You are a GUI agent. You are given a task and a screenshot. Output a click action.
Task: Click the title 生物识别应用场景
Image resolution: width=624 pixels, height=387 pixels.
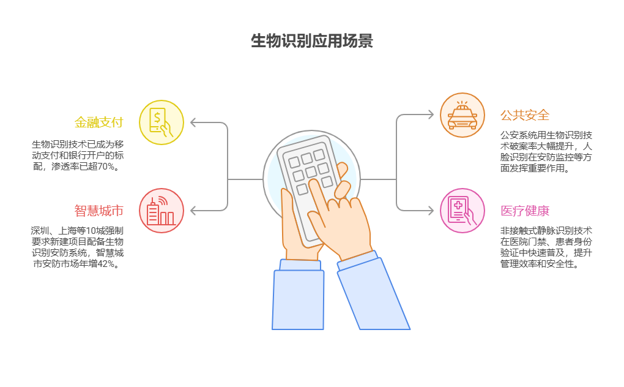311,41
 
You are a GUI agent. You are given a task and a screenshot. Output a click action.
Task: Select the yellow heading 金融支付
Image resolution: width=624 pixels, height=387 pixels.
98,122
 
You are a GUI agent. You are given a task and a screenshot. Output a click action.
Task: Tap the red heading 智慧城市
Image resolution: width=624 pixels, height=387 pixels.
98,211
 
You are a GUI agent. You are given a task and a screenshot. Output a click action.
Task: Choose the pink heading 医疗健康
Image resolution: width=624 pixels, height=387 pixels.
525,211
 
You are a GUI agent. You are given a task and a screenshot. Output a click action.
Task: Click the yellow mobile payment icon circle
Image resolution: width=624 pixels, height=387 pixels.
162,122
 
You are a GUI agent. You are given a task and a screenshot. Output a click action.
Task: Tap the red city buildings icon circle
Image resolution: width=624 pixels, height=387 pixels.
162,211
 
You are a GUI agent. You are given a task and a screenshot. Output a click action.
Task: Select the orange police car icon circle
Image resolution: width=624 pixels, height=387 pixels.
462,115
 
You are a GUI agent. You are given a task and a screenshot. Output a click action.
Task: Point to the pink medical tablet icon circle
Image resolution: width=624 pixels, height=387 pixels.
462,211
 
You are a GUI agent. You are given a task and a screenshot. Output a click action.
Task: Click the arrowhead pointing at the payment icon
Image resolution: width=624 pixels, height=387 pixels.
193,122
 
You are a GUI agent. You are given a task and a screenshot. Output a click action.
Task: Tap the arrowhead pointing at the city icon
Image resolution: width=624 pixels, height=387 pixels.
193,211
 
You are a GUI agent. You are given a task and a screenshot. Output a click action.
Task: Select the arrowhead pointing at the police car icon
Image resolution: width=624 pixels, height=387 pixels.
430,115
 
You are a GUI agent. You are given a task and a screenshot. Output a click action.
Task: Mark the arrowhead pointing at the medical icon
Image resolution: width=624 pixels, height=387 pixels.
430,211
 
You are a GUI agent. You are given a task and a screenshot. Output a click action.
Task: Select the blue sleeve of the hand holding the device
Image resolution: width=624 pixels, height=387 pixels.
298,299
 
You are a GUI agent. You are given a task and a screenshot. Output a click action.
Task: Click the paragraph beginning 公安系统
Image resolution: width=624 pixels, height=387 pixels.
546,151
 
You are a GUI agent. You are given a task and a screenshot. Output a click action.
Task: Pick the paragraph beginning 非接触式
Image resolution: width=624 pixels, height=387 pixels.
546,247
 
